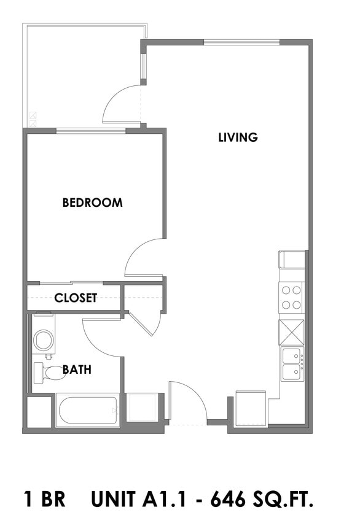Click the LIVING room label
pyautogui.click(x=238, y=137)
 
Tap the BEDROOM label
pyautogui.click(x=92, y=203)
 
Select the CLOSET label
pyautogui.click(x=76, y=298)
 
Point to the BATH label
pyautogui.click(x=77, y=369)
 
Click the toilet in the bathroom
pyautogui.click(x=47, y=372)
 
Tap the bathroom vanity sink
pyautogui.click(x=44, y=339)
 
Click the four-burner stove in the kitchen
pyautogui.click(x=291, y=298)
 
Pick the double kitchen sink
pyautogui.click(x=292, y=364)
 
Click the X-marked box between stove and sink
pyautogui.click(x=291, y=332)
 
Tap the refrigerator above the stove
pyautogui.click(x=292, y=259)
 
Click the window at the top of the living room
pyautogui.click(x=241, y=42)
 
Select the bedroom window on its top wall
pyautogui.click(x=91, y=130)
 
